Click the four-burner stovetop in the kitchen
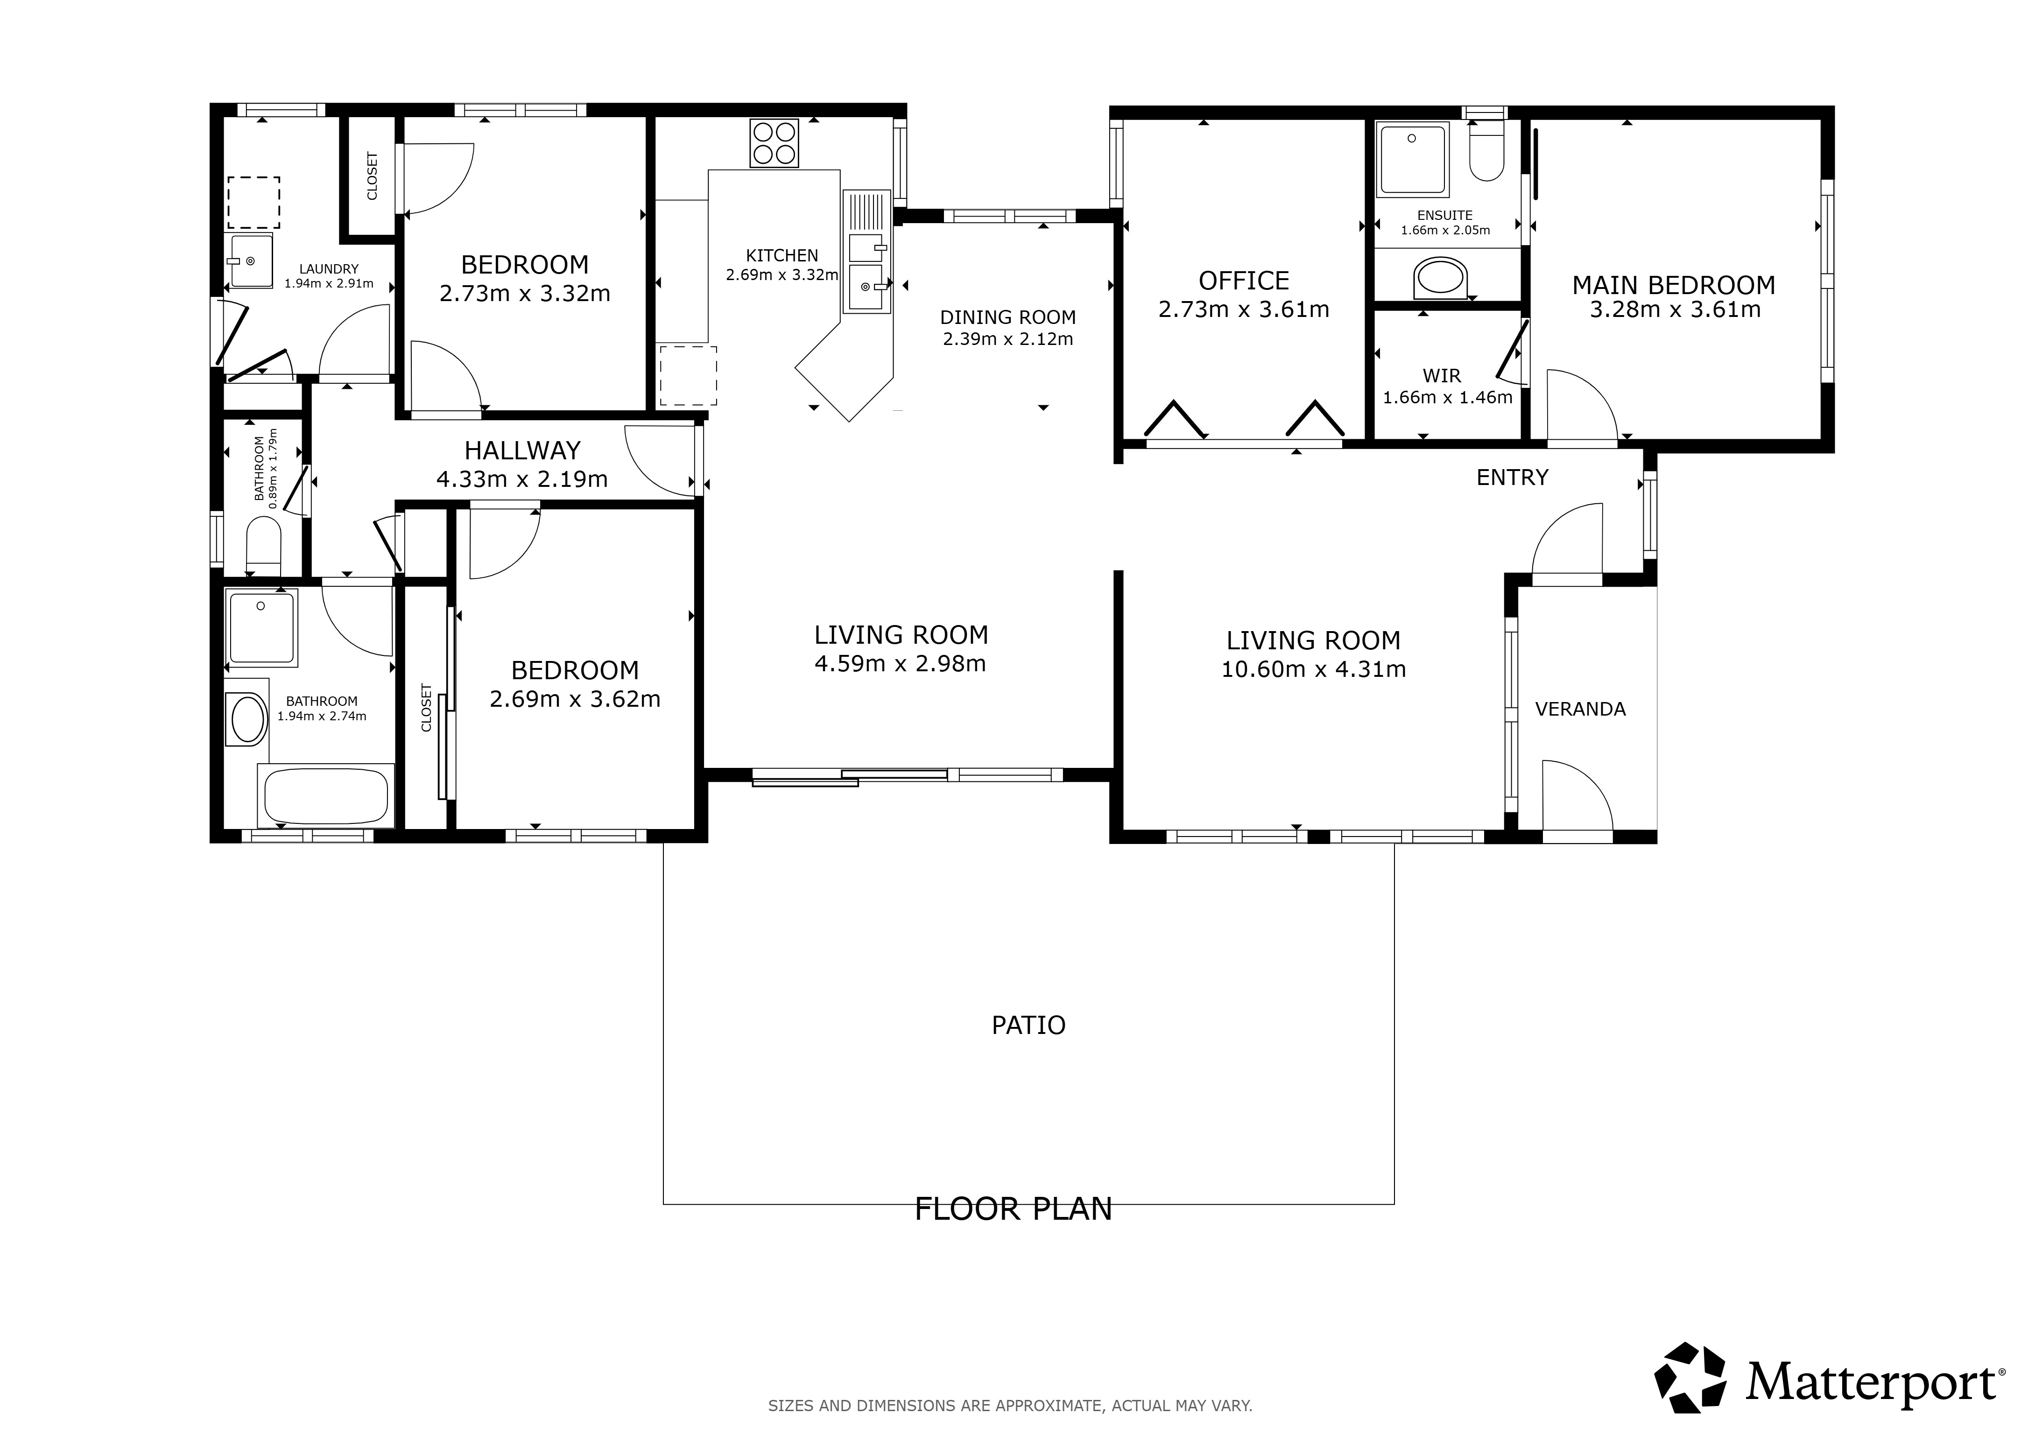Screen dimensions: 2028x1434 click(x=774, y=143)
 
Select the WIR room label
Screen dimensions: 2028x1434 click(x=1442, y=376)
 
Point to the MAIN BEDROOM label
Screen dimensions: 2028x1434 click(x=1674, y=285)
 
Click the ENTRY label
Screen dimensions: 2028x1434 click(x=1512, y=478)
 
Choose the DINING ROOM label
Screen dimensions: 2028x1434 click(x=1008, y=317)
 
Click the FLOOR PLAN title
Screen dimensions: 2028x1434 click(x=1013, y=1209)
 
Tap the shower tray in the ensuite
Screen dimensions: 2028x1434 click(x=1413, y=159)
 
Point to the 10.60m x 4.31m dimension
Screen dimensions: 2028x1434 click(x=1313, y=669)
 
